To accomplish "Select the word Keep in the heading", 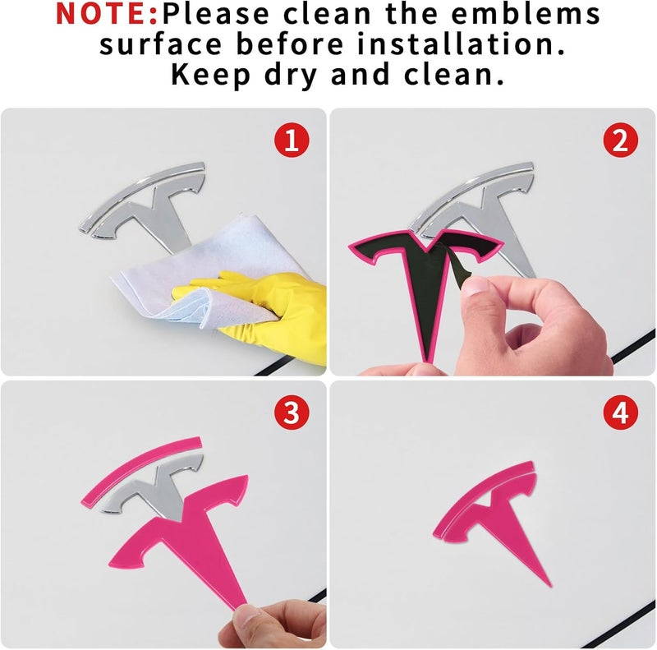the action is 211,76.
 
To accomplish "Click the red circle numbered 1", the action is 292,140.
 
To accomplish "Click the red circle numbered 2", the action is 621,140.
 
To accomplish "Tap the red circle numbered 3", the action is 292,413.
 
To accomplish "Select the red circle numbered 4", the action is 621,413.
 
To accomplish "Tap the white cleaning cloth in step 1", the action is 209,273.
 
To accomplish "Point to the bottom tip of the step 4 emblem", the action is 550,586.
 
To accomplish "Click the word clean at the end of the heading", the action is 454,76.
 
